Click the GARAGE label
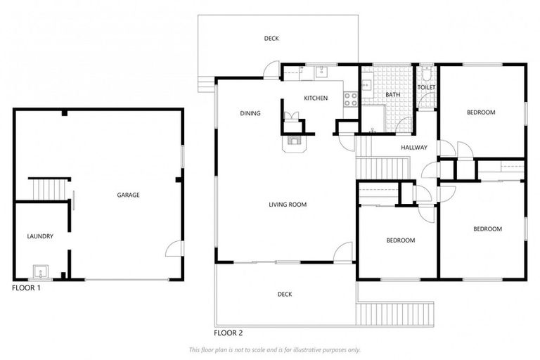pyautogui.click(x=128, y=195)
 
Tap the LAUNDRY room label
pyautogui.click(x=40, y=236)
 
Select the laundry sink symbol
pyautogui.click(x=40, y=271)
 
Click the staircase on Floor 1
pyautogui.click(x=50, y=189)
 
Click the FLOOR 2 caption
pyautogui.click(x=229, y=333)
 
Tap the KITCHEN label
pyautogui.click(x=316, y=98)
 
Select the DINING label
pyautogui.click(x=250, y=113)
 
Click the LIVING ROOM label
pyautogui.click(x=288, y=205)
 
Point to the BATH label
pyautogui.click(x=392, y=94)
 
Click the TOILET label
pyautogui.click(x=427, y=87)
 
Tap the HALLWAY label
pyautogui.click(x=414, y=147)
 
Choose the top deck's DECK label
pyautogui.click(x=271, y=39)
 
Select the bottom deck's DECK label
pyautogui.click(x=284, y=294)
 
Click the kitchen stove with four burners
pyautogui.click(x=350, y=99)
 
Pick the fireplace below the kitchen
pyautogui.click(x=293, y=141)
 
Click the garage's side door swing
pyautogui.click(x=174, y=249)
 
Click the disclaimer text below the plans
pyautogui.click(x=274, y=349)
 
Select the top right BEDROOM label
pyautogui.click(x=481, y=112)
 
